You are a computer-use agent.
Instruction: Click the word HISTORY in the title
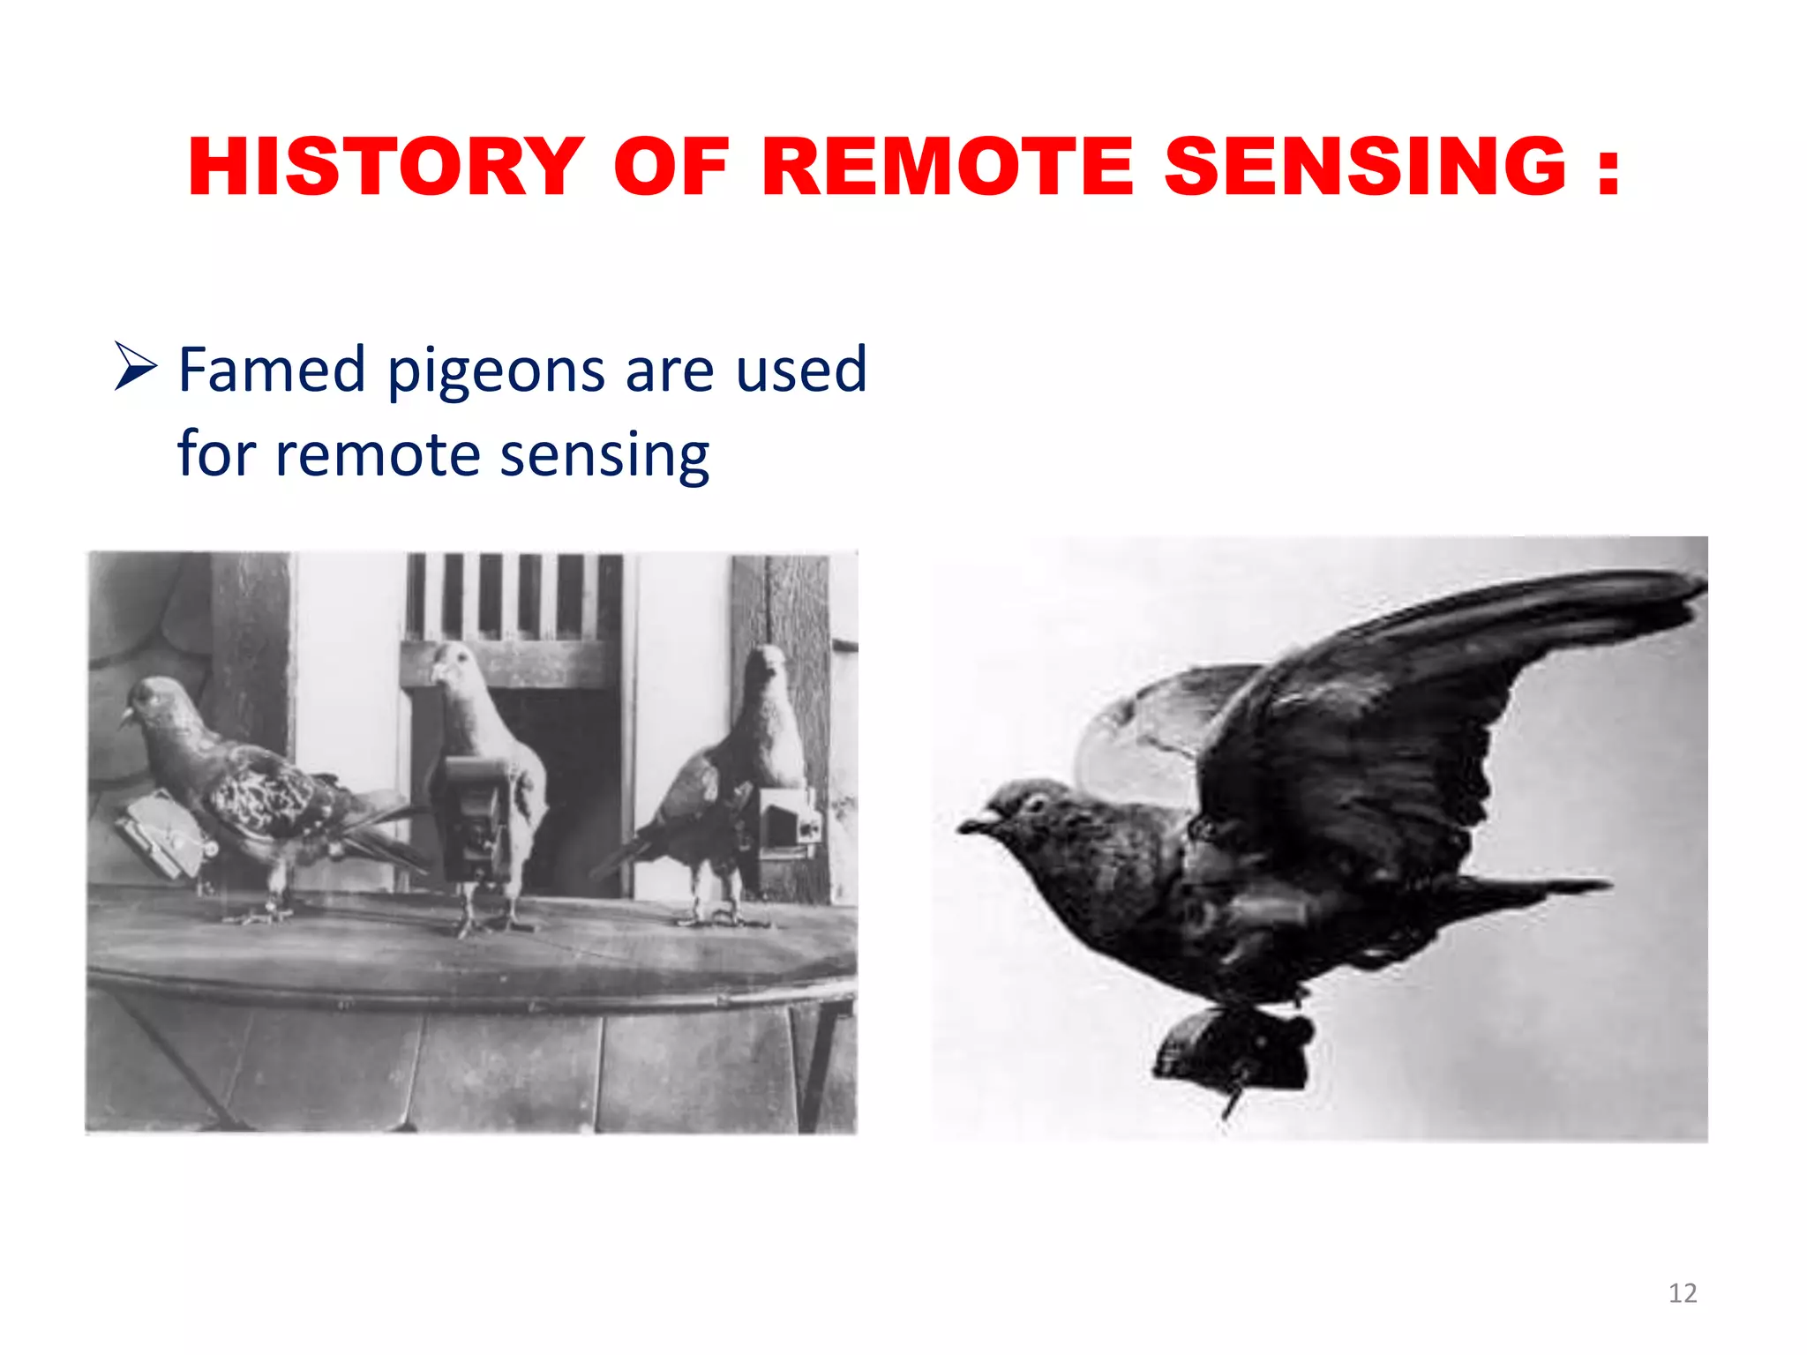[386, 167]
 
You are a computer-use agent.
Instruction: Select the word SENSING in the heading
[1364, 167]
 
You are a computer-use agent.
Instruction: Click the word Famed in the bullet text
[272, 370]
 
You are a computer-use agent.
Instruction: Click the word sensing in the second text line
[604, 455]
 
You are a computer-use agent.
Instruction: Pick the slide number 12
[1682, 1293]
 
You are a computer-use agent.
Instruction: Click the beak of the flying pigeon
[971, 825]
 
